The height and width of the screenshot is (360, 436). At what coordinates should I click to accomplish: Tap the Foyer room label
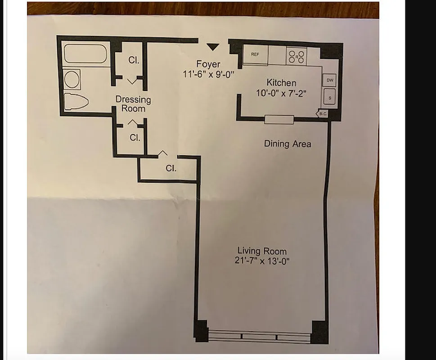208,64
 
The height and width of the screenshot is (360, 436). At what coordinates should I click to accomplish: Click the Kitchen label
281,83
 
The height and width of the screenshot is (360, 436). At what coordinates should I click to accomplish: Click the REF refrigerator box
255,54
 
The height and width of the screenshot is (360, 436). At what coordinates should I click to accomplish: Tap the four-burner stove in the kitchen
297,56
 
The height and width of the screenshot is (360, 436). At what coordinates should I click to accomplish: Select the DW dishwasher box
330,79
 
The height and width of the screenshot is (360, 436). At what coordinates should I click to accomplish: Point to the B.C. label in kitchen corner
323,114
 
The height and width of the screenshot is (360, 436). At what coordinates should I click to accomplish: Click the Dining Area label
288,144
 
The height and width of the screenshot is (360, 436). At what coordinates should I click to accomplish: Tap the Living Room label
262,251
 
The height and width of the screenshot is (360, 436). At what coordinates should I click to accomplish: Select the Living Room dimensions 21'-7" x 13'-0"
262,261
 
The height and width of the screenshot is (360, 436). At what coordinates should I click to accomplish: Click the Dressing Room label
133,104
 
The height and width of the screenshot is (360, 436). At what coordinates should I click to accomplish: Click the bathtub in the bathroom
85,54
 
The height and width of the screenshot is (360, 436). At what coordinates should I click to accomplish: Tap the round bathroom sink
72,79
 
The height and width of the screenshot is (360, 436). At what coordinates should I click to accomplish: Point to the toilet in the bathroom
75,101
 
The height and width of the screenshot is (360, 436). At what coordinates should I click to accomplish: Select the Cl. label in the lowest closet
171,168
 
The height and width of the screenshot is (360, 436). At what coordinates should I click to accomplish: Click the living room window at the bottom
260,336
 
